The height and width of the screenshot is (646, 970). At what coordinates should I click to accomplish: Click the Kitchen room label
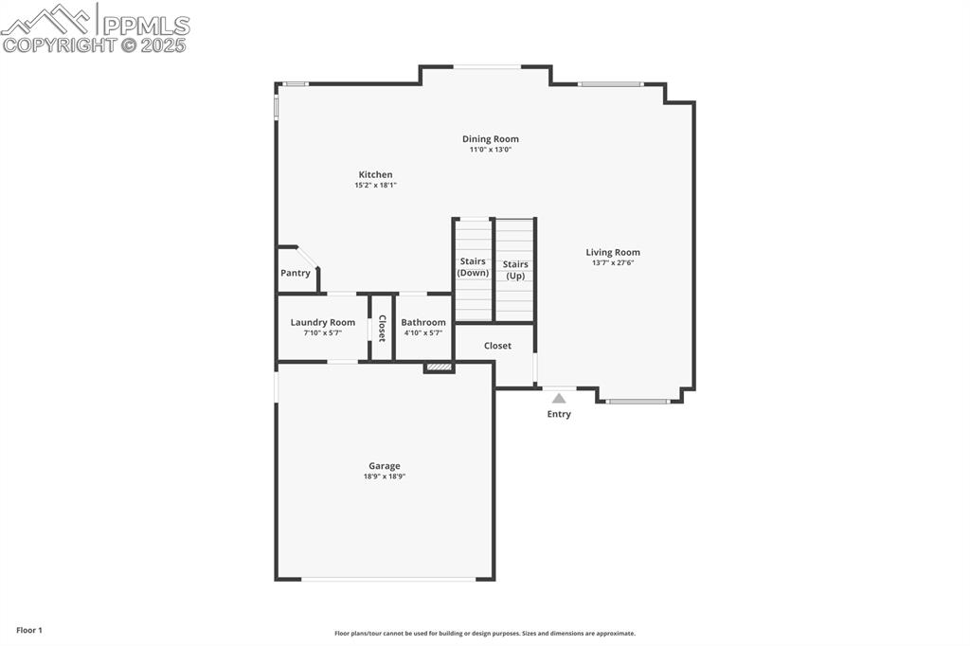(x=375, y=174)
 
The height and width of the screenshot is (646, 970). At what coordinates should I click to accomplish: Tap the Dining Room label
(x=491, y=139)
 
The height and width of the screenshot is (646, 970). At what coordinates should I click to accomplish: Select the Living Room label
(x=613, y=253)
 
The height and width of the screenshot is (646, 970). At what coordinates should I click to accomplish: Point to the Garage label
(x=385, y=466)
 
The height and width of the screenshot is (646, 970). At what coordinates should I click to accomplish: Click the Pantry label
(x=296, y=273)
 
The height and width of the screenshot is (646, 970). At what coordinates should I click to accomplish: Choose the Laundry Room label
(x=323, y=322)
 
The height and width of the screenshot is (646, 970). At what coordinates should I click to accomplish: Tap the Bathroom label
(x=423, y=322)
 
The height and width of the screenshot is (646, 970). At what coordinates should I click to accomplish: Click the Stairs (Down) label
(x=473, y=267)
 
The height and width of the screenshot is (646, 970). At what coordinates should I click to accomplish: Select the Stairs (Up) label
(x=515, y=270)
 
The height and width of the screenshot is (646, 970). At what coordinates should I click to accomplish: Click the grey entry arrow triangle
(x=559, y=399)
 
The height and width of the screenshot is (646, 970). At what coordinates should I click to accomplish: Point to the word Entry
(x=559, y=414)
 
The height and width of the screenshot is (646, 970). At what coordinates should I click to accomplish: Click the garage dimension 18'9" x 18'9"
(x=385, y=476)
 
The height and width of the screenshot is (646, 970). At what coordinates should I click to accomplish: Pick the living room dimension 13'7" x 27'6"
(x=613, y=262)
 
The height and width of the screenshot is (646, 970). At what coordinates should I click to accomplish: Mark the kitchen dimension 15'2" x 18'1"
(x=375, y=185)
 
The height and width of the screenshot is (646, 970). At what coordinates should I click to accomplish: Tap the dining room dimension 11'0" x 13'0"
(x=491, y=149)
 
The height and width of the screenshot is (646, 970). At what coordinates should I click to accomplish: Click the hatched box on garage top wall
(x=440, y=368)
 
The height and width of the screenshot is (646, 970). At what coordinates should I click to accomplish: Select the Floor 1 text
(x=29, y=631)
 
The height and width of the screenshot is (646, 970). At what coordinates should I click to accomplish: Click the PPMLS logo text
(x=146, y=26)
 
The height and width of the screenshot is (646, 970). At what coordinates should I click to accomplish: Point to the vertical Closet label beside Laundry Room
(x=382, y=328)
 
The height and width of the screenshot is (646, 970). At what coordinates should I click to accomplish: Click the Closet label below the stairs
(x=497, y=346)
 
